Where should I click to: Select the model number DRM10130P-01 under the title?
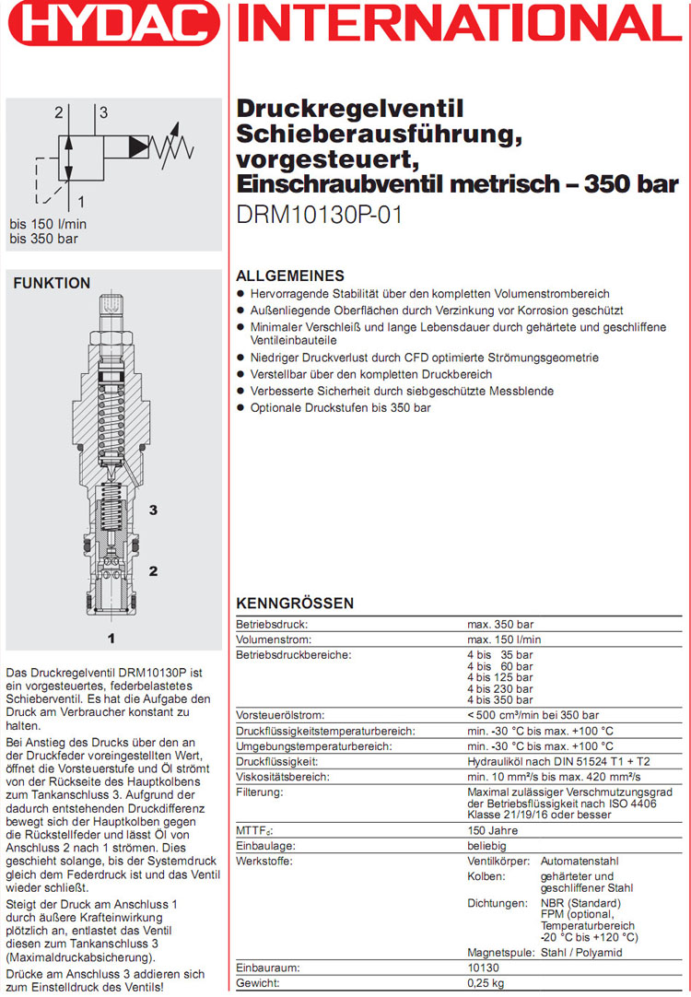click(x=320, y=215)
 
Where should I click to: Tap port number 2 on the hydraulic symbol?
click(x=58, y=113)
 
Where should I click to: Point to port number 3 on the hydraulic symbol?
click(x=104, y=113)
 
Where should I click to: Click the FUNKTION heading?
click(x=52, y=284)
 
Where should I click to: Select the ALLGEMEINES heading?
click(x=290, y=276)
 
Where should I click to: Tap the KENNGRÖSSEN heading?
click(x=295, y=604)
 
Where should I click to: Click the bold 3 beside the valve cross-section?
click(x=154, y=510)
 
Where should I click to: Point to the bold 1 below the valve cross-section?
click(x=111, y=637)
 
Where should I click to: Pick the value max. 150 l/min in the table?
click(x=504, y=639)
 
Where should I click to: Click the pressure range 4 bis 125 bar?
click(x=500, y=677)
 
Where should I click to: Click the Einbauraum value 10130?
click(x=484, y=969)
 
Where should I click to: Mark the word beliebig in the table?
click(x=488, y=846)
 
